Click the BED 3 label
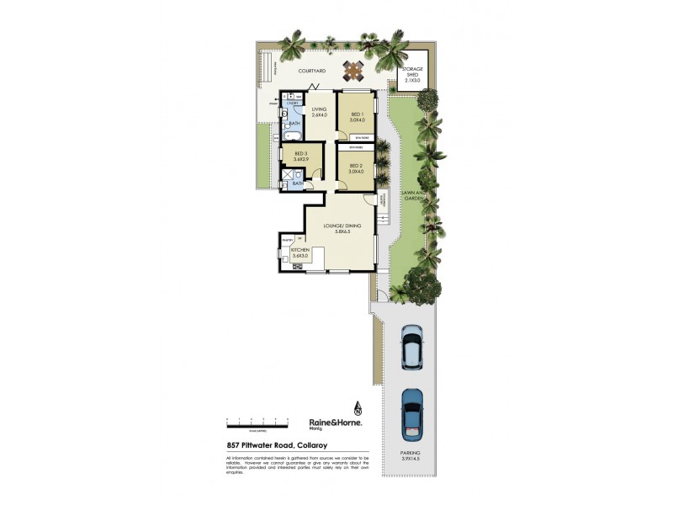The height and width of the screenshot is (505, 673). [x=300, y=157]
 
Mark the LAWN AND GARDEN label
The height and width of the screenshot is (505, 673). [x=412, y=196]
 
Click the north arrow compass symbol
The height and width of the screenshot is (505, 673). [x=358, y=409]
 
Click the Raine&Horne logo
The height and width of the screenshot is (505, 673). [x=335, y=423]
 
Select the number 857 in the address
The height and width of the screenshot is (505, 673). [x=233, y=446]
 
